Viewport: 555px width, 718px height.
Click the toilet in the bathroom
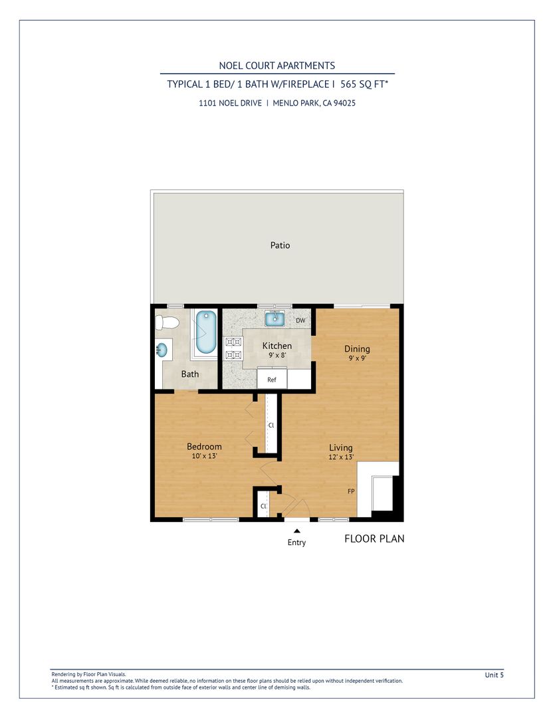point(166,322)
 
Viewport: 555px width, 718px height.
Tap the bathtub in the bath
point(206,332)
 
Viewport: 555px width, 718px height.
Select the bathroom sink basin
point(162,350)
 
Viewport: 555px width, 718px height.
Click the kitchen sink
point(275,318)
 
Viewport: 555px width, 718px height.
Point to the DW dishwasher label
point(300,320)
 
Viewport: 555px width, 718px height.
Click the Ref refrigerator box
point(272,379)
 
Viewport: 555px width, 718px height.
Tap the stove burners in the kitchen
point(233,348)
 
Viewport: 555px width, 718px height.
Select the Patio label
point(280,245)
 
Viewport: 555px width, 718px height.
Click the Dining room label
point(357,349)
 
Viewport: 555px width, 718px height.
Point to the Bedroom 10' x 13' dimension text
point(204,456)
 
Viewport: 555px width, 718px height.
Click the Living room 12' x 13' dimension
point(341,457)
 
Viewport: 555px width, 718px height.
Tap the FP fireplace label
point(351,491)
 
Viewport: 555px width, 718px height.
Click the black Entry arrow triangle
point(296,531)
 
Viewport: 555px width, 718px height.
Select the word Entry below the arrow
point(296,542)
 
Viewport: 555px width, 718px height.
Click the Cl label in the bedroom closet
point(271,425)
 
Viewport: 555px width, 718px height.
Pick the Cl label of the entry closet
point(263,506)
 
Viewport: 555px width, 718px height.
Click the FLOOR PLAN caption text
point(374,539)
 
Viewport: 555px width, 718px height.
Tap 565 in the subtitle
point(348,84)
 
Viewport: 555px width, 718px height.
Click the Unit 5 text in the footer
point(494,675)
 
